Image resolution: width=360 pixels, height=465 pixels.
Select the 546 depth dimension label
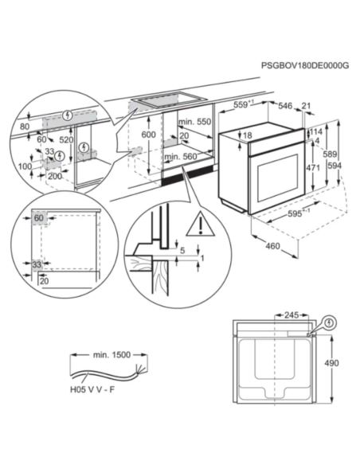(284, 104)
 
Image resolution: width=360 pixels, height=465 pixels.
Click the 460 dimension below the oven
(272, 246)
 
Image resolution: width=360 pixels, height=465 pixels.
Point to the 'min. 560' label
(180, 158)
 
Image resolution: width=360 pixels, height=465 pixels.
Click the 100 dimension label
(25, 166)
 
